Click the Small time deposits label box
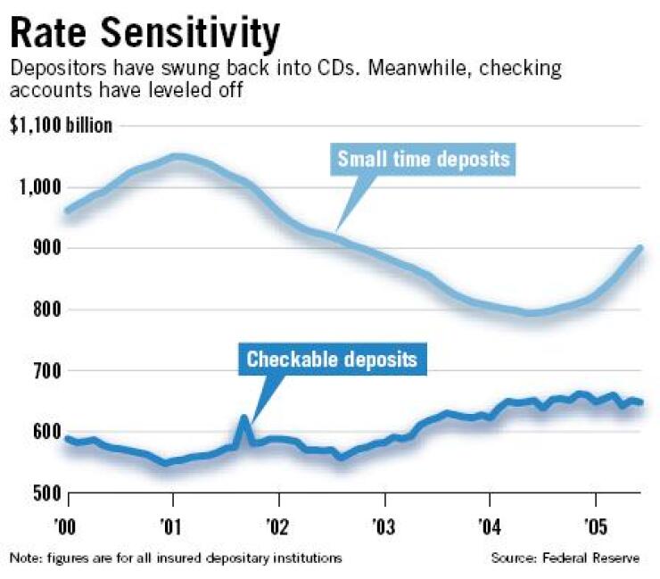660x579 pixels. pyautogui.click(x=423, y=160)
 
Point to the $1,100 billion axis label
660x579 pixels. pyautogui.click(x=62, y=126)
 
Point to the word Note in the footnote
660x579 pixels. pyautogui.click(x=25, y=558)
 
